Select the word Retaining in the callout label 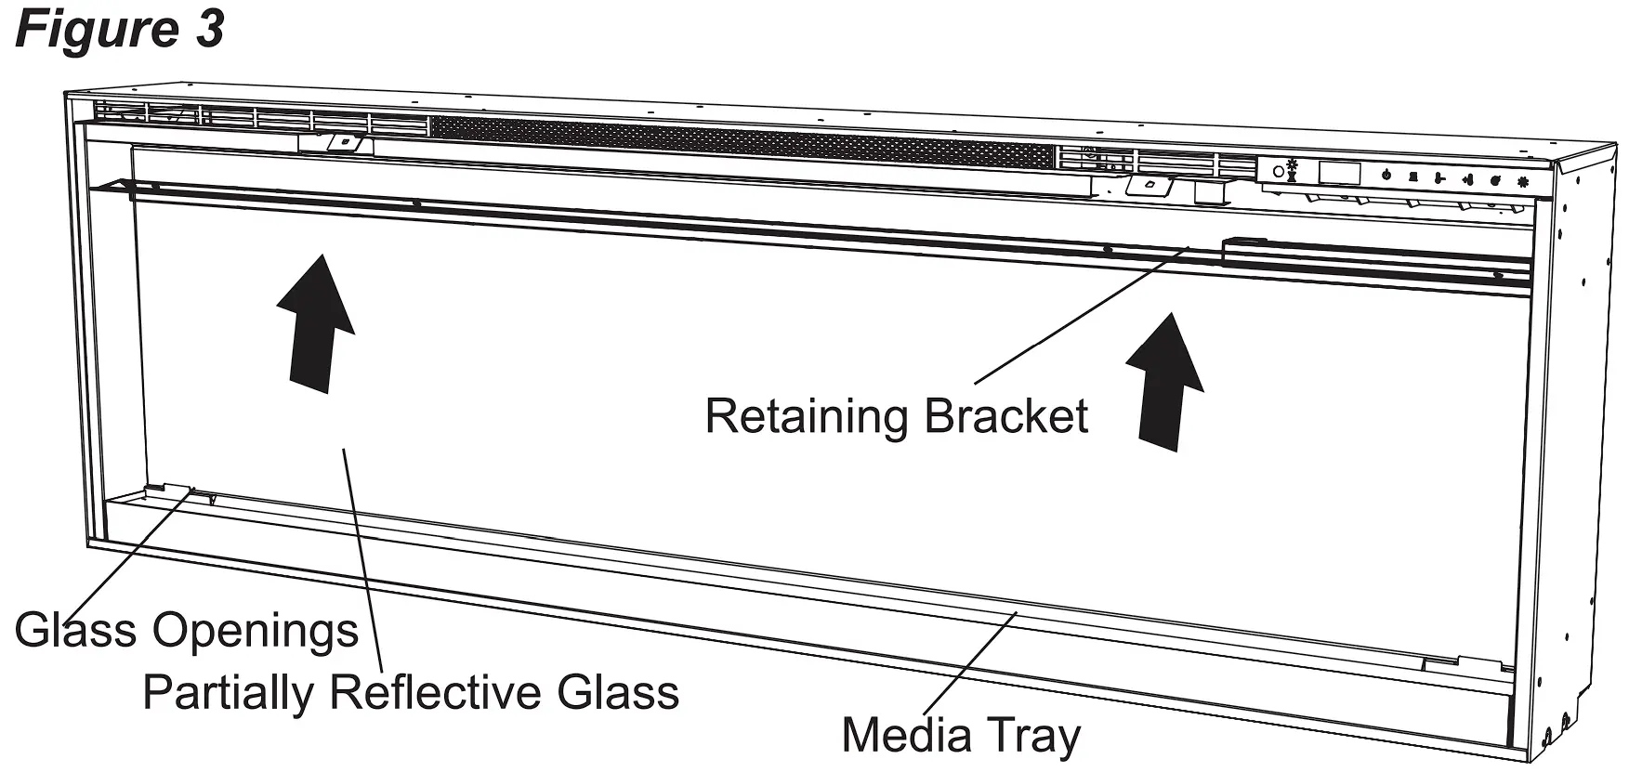806,416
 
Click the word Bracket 1006,415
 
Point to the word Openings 256,632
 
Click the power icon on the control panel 1386,174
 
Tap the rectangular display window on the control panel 1339,173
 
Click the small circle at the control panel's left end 1279,172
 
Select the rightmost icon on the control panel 1523,181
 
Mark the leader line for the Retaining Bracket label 1078,315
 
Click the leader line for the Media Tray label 985,663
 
